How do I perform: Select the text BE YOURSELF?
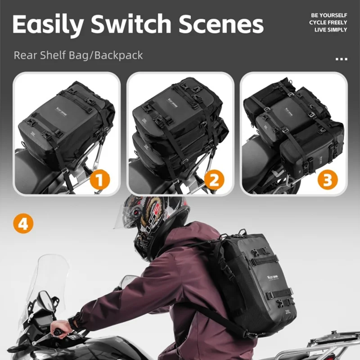coord(328,15)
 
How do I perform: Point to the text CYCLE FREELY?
coord(328,22)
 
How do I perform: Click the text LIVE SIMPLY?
coord(331,30)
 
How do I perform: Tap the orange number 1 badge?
coord(99,180)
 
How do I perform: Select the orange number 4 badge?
coord(23,224)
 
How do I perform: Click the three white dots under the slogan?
coord(342,59)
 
